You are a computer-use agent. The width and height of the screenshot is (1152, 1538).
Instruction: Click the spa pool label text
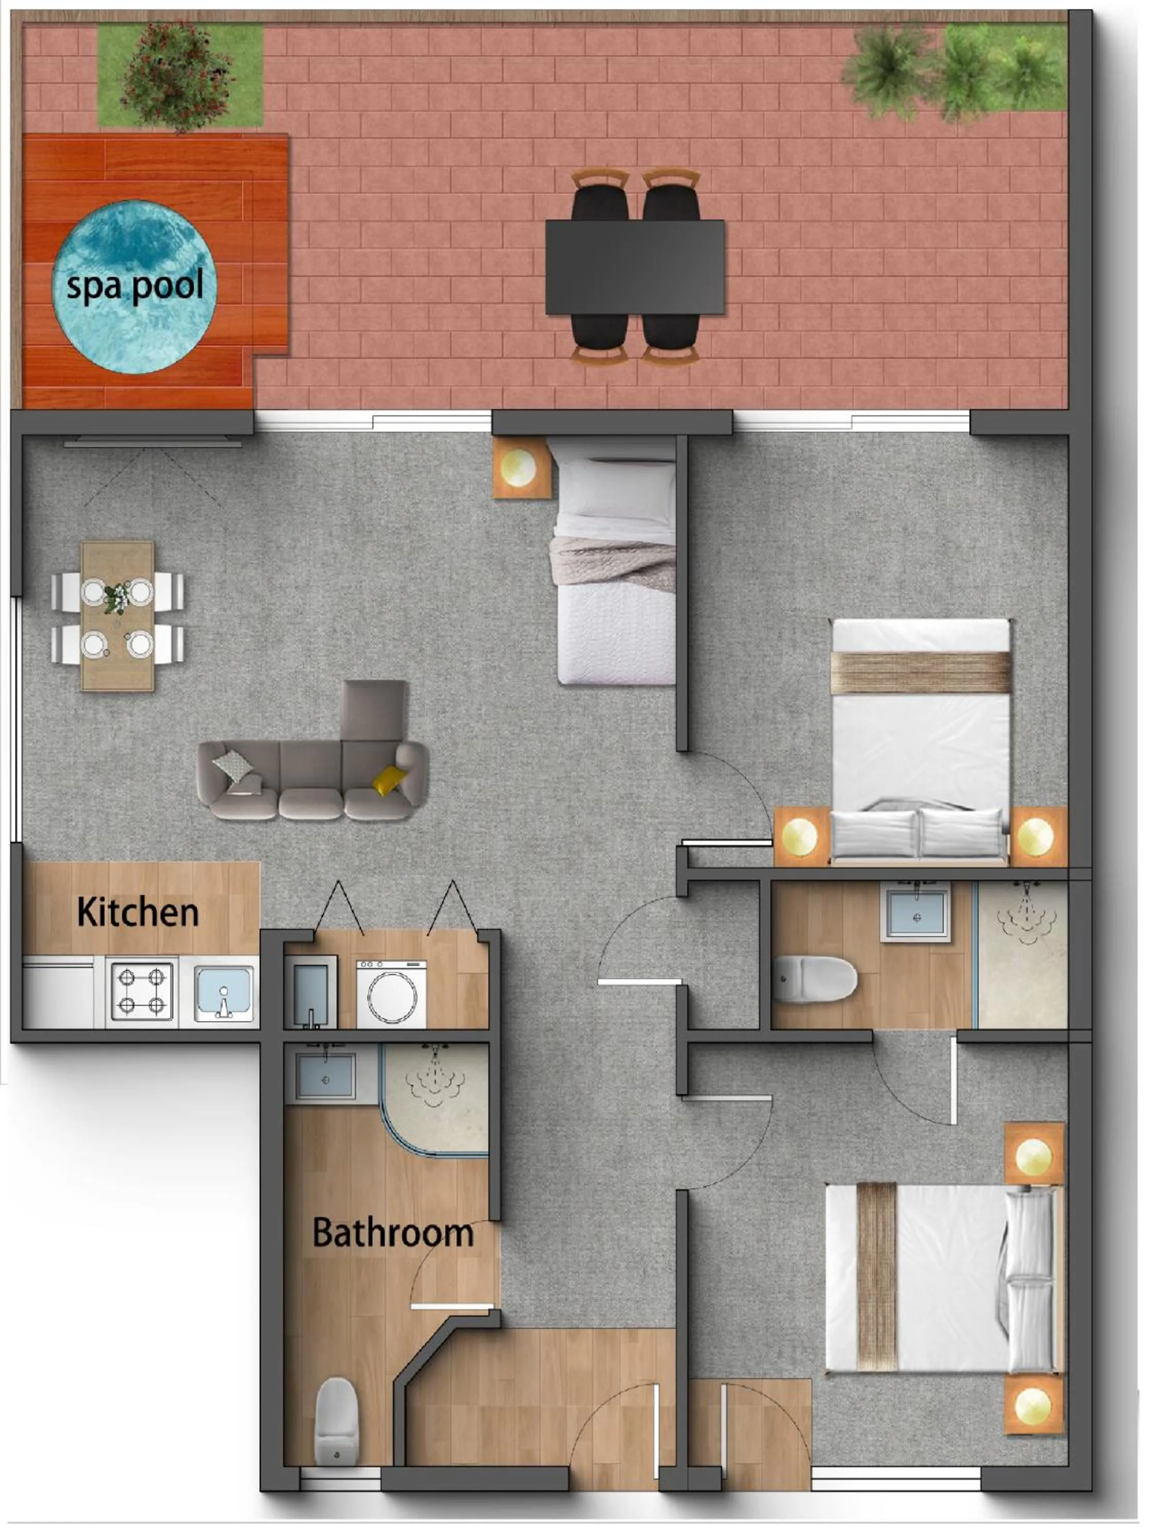135,286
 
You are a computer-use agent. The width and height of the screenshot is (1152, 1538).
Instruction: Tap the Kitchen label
138,912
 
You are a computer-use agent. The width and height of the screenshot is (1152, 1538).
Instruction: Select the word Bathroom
393,1233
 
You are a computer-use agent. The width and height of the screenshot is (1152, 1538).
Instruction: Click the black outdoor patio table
634,267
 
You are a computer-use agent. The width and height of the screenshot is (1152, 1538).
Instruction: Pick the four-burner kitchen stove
142,991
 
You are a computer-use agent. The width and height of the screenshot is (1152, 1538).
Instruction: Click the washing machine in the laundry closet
391,994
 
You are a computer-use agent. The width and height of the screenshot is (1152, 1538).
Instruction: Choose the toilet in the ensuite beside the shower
815,979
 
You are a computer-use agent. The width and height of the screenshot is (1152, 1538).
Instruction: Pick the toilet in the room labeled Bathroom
336,1421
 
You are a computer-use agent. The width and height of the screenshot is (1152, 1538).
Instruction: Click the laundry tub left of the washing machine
310,991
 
